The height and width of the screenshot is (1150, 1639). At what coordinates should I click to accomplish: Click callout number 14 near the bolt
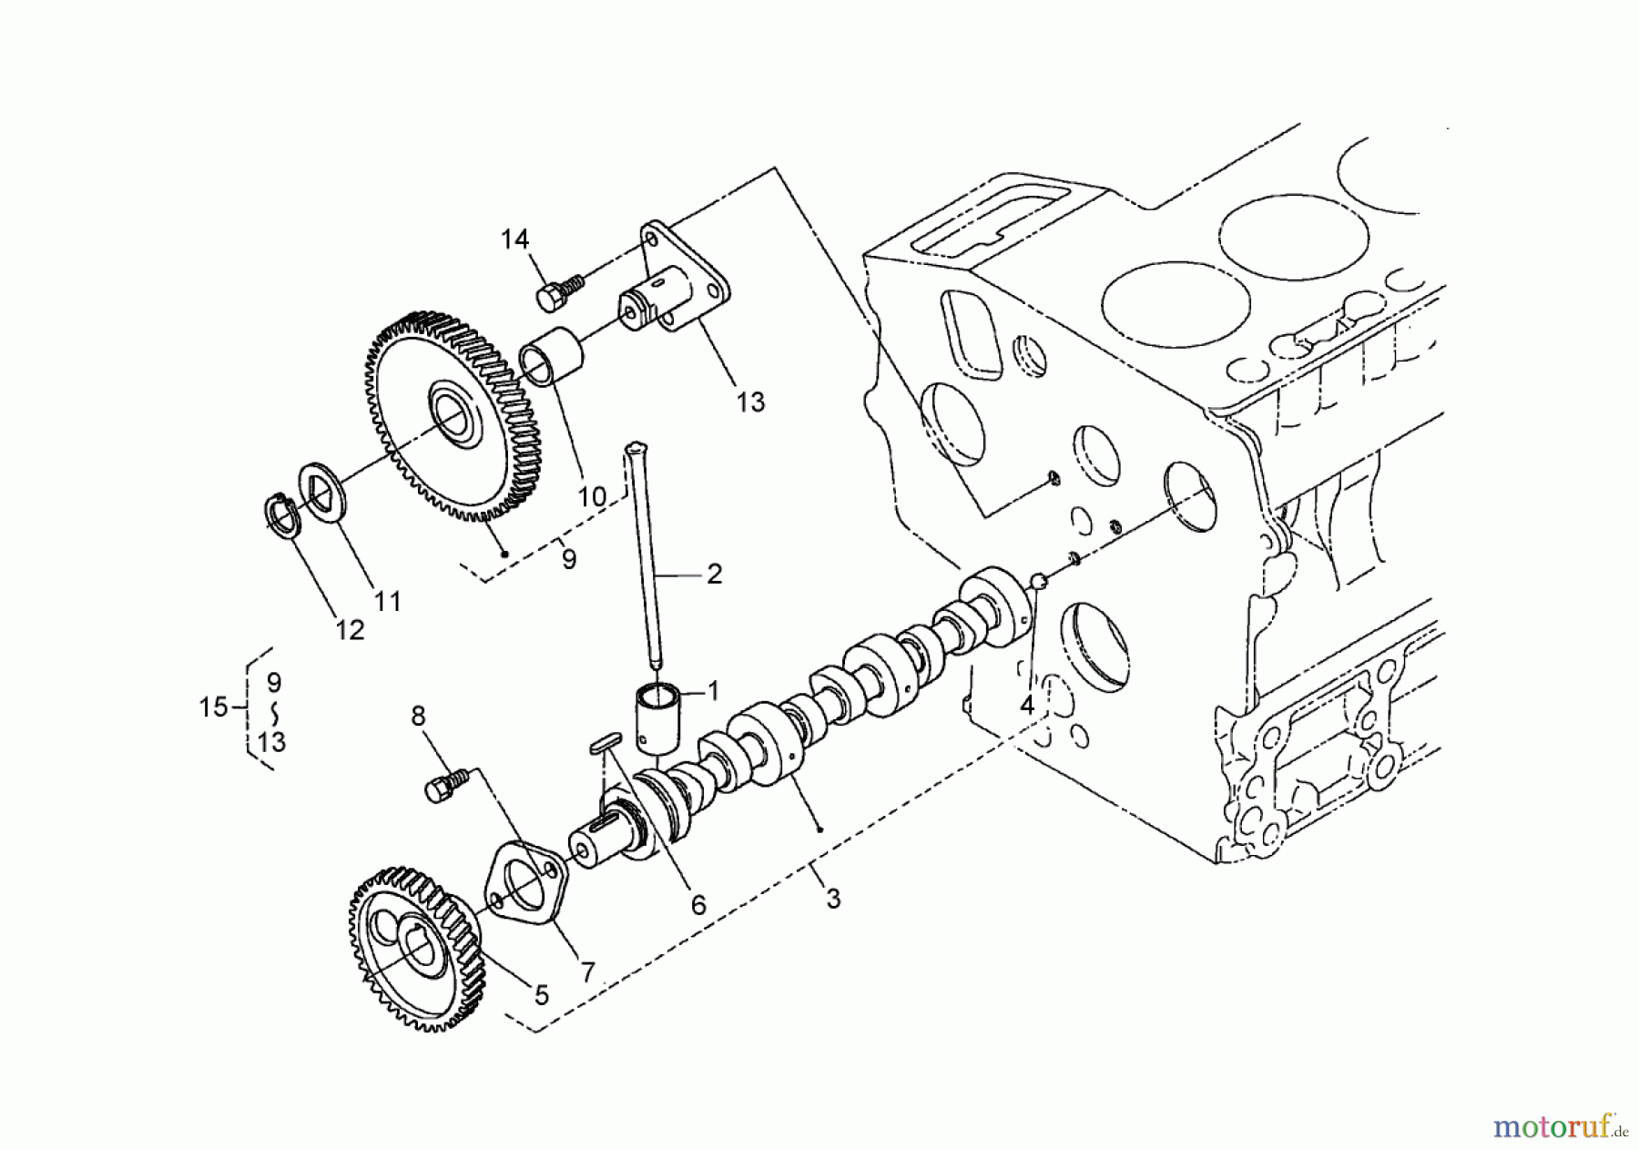(x=514, y=239)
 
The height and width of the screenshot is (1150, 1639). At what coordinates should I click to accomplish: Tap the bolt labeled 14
(x=552, y=295)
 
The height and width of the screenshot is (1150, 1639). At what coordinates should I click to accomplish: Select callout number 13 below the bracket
(x=750, y=402)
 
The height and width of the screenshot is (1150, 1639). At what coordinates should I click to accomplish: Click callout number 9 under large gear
(x=569, y=558)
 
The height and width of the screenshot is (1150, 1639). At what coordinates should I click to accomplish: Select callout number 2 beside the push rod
(x=714, y=574)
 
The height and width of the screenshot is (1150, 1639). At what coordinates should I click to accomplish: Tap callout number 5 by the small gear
(x=541, y=995)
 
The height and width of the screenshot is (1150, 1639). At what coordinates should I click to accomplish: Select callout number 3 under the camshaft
(x=832, y=900)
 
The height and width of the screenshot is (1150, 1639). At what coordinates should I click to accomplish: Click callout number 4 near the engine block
(x=1026, y=704)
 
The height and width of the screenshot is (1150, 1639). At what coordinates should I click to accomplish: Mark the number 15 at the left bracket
(x=213, y=707)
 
